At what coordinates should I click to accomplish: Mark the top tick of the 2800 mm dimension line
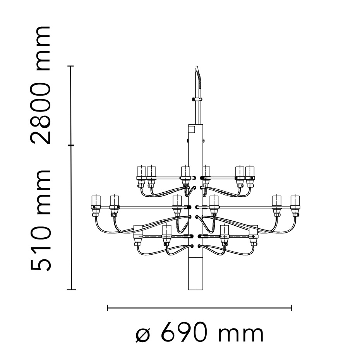pos(71,66)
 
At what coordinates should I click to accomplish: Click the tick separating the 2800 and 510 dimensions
pos(71,146)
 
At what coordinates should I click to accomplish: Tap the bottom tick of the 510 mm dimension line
pos(71,289)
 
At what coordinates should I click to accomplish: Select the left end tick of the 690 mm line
pos(107,308)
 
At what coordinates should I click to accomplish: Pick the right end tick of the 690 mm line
pos(291,308)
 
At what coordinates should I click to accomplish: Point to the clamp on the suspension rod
pos(197,100)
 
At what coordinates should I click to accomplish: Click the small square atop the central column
pos(191,128)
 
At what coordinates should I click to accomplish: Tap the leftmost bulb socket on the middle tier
pos(95,205)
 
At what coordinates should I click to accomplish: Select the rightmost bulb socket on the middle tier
pos(295,205)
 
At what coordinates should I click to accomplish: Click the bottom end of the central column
pos(195,288)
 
